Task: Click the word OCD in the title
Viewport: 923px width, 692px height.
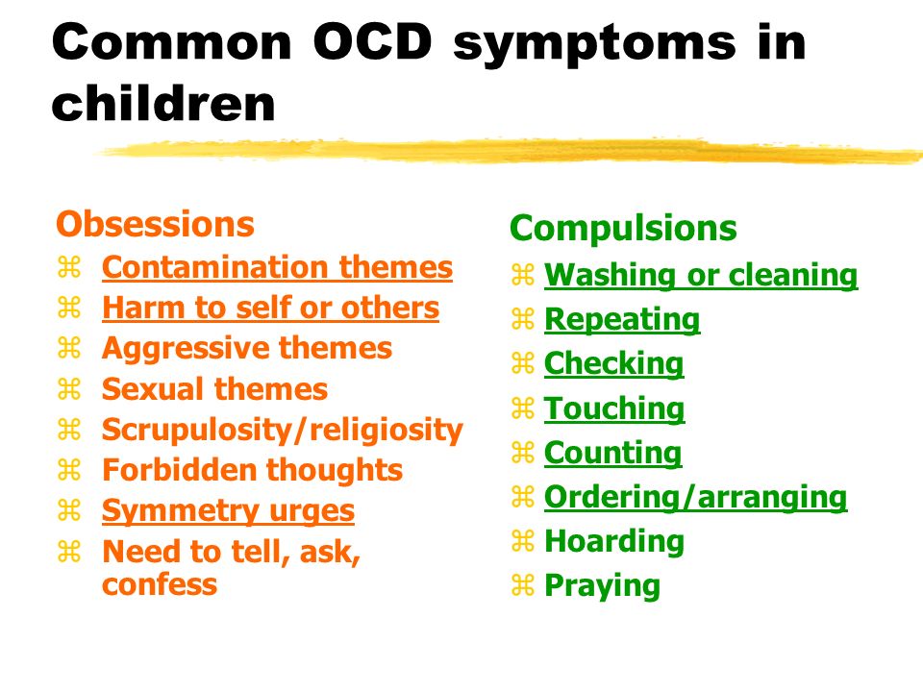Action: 373,42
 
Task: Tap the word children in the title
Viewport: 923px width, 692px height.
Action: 163,104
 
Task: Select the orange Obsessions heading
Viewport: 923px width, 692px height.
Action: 156,224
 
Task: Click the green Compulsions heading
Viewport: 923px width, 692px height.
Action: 623,229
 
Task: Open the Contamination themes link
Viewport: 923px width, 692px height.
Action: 277,267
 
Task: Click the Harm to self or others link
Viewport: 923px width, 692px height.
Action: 271,308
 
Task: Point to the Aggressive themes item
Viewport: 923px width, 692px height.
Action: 247,348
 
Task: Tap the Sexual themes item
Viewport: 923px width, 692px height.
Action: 214,389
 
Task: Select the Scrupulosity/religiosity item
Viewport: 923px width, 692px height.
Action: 283,431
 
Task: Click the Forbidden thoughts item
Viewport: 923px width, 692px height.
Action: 253,470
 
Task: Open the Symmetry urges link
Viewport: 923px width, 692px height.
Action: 229,510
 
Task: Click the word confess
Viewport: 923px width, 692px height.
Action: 160,585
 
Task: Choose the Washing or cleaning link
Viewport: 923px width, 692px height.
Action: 701,275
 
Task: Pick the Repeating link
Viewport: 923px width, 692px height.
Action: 622,320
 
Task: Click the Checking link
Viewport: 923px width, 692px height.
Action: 614,363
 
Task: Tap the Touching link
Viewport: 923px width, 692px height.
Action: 614,408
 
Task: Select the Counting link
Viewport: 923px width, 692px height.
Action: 612,453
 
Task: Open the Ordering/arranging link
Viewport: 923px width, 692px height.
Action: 696,498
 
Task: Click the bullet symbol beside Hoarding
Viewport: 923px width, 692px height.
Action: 523,541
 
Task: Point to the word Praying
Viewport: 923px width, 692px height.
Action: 602,586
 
